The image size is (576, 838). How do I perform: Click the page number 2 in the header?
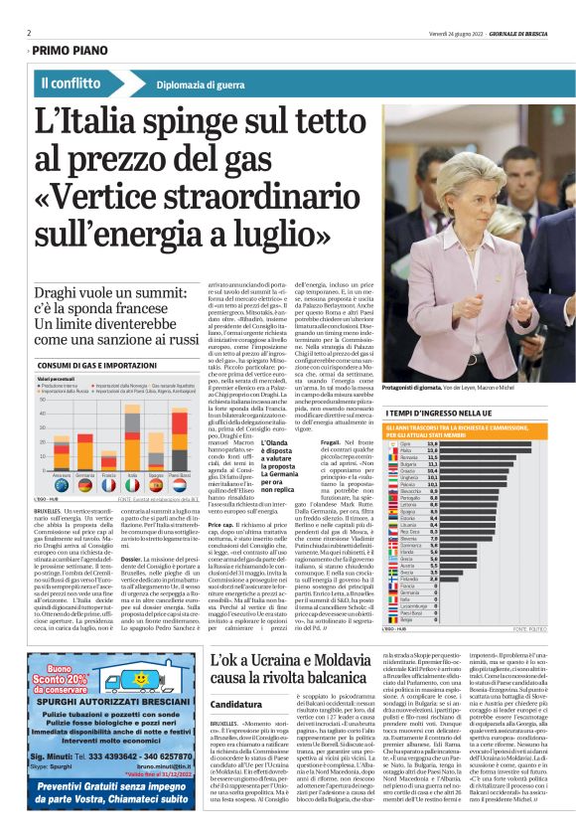click(29, 33)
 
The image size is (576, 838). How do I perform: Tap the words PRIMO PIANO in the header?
click(72, 49)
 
